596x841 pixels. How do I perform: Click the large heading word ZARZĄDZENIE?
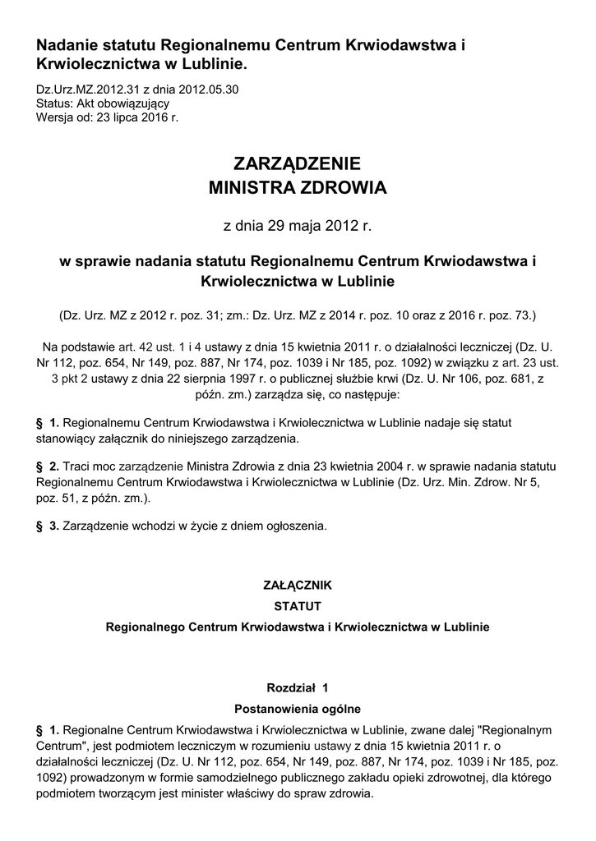(x=298, y=162)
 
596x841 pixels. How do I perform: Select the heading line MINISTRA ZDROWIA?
(x=298, y=188)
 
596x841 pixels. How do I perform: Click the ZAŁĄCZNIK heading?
(x=297, y=586)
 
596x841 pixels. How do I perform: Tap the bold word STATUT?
(x=297, y=606)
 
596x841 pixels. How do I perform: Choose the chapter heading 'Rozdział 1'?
(x=297, y=687)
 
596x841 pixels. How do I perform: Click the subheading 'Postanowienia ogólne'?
(x=297, y=707)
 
